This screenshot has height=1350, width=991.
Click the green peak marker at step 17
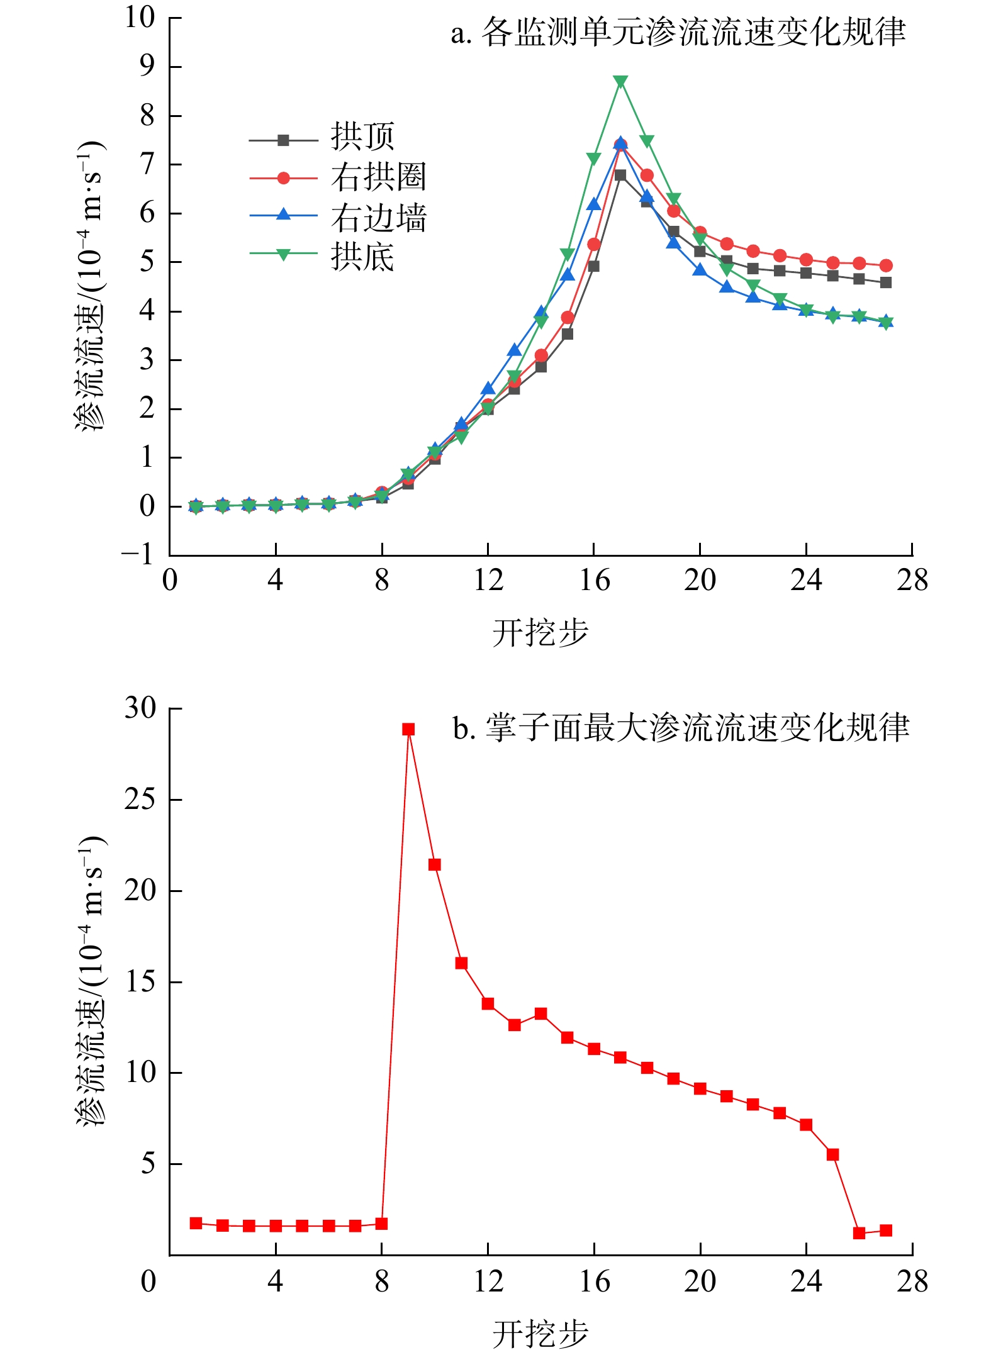(x=620, y=82)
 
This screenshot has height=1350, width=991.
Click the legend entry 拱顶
(x=362, y=137)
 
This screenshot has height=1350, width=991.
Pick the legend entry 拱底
(x=362, y=257)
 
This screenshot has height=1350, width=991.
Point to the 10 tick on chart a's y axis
(x=140, y=18)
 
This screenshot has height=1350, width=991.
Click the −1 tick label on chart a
(x=137, y=555)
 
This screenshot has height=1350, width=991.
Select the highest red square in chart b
(x=408, y=729)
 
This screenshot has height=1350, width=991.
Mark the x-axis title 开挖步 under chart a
(x=540, y=632)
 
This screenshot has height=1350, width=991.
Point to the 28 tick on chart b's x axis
(x=912, y=1281)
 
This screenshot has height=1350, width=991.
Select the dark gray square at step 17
(x=620, y=175)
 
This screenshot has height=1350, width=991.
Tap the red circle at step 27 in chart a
(x=886, y=265)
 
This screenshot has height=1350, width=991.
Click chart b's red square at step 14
(x=540, y=1013)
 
